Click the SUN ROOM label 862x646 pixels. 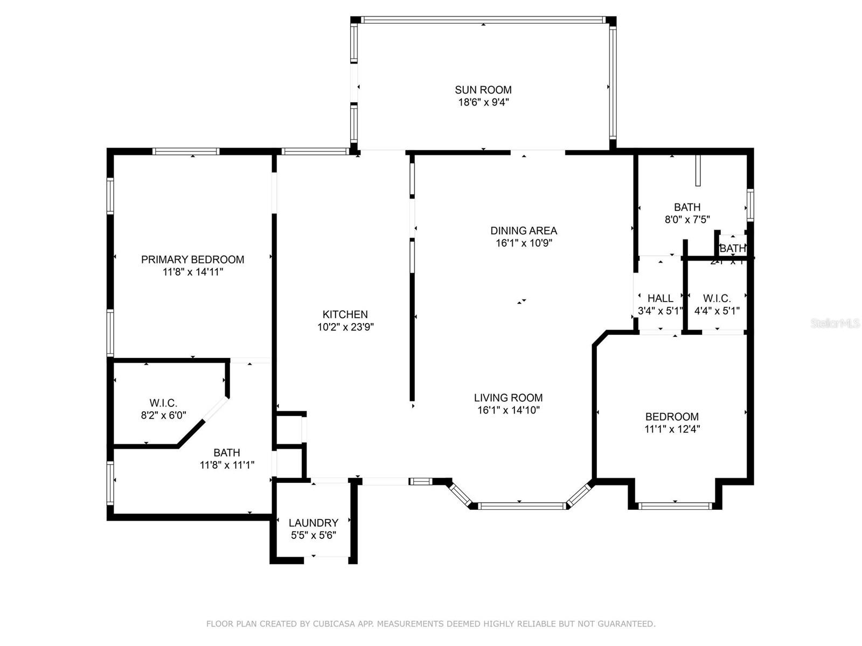coord(483,90)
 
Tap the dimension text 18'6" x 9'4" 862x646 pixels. coord(483,102)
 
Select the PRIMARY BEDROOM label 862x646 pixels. coord(192,259)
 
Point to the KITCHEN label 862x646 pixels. coord(345,314)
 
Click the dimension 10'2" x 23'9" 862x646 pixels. coord(345,327)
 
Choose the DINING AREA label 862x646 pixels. coord(523,230)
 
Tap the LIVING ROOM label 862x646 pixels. coord(508,398)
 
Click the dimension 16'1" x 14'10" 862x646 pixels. coord(508,410)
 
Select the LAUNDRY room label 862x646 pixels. coord(313,523)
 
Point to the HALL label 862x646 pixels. coord(660,298)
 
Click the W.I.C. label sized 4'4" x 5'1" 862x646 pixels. coord(717,298)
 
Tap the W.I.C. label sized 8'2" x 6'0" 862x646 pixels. coord(163,403)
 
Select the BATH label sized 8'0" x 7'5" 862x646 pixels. coord(687,207)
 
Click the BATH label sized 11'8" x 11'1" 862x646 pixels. coord(226,453)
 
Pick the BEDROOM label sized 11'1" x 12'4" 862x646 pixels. coord(672,417)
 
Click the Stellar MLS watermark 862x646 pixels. coord(835,323)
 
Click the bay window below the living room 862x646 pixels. coord(522,505)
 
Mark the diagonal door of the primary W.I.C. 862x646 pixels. coord(215,411)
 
